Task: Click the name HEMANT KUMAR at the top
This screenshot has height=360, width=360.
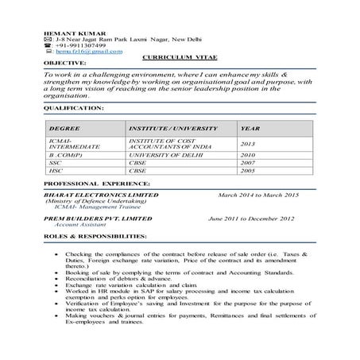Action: [x=69, y=33]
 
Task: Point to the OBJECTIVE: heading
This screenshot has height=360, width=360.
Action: [x=65, y=62]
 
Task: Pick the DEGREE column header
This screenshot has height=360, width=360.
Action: [x=63, y=127]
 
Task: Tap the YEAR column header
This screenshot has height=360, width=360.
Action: [x=250, y=127]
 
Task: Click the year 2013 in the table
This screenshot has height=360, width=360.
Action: [x=247, y=144]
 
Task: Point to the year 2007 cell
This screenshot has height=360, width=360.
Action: [x=247, y=163]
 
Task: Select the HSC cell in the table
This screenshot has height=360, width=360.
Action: [x=56, y=170]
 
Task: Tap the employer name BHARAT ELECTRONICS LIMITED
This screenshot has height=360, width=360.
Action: [x=101, y=194]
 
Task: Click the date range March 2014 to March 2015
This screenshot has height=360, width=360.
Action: [x=258, y=194]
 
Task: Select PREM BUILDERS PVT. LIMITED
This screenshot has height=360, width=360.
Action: [x=97, y=218]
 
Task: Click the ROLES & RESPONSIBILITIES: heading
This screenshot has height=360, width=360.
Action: [x=95, y=237]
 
